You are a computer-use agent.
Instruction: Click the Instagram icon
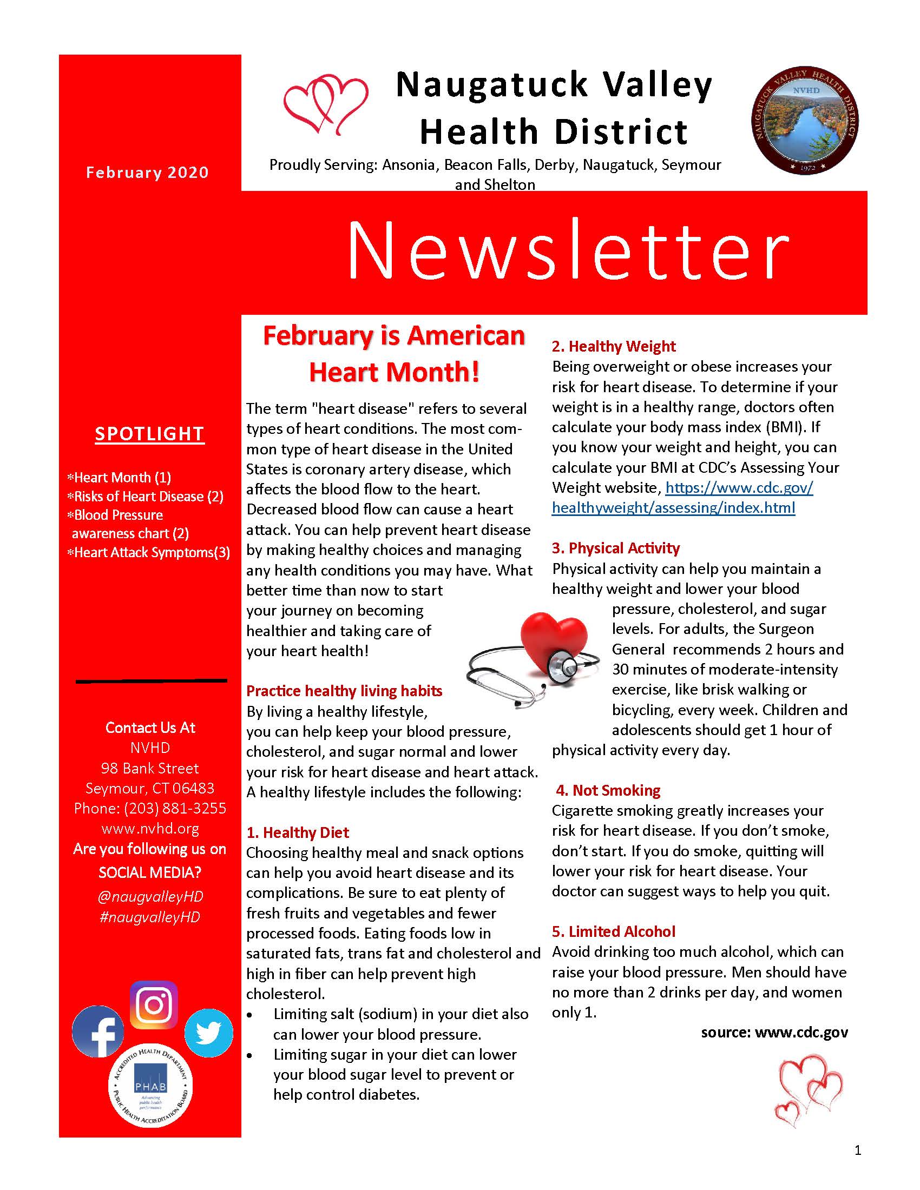coord(154,1004)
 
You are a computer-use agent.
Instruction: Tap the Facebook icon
coord(98,1032)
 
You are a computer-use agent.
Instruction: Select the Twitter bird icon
coord(209,1033)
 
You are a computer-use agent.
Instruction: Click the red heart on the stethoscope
coord(553,640)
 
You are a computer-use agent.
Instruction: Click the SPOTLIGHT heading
coord(149,434)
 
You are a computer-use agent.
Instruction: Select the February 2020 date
coord(147,173)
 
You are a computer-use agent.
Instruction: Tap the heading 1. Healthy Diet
coord(298,832)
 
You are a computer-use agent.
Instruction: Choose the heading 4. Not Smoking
coord(608,790)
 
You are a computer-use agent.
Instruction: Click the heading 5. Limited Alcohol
coord(614,931)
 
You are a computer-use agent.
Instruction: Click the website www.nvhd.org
coord(150,829)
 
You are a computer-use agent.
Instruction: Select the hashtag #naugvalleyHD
coord(150,917)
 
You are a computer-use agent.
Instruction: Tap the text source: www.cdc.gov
coord(774,1033)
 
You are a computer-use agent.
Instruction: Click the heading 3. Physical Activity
coord(616,547)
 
